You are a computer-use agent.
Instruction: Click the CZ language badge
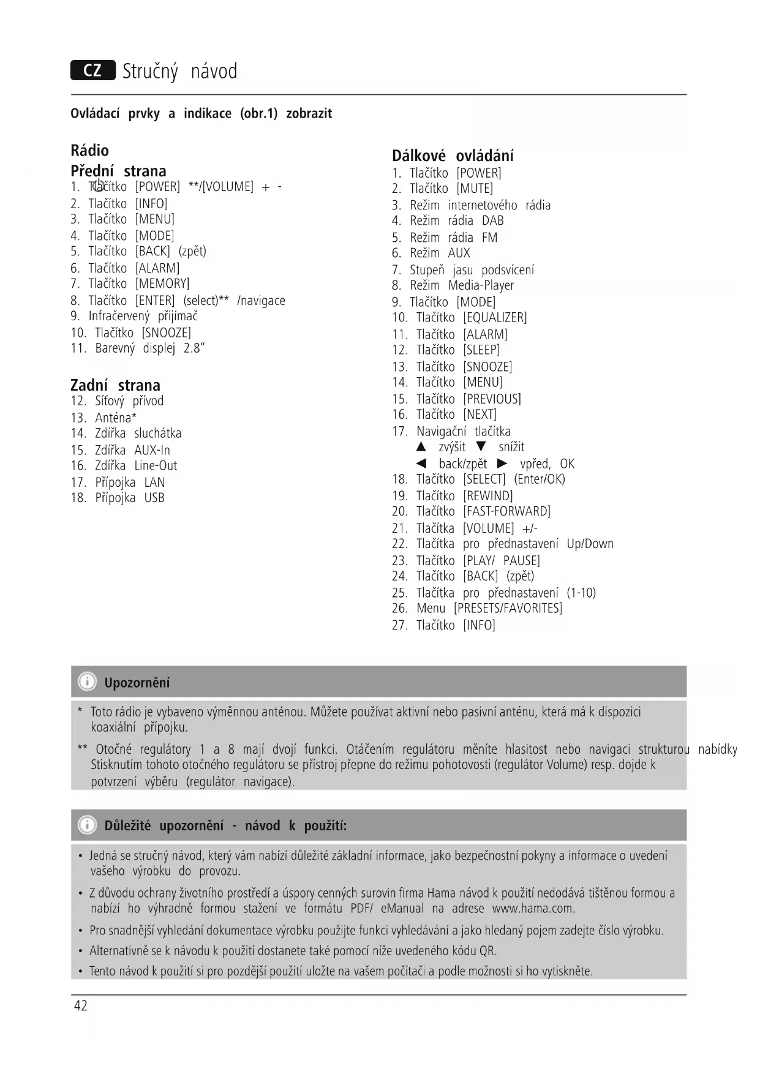92,70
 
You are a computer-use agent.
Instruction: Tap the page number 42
81,1005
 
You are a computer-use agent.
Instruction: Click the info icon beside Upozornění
88,682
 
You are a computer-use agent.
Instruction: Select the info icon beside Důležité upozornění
88,825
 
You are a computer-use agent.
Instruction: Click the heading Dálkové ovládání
453,156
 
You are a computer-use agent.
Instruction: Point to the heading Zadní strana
115,385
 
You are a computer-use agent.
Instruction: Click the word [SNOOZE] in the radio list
167,332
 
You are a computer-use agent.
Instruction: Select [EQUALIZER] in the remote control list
495,317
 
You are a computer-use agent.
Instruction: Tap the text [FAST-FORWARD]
506,511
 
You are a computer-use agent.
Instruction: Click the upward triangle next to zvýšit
421,447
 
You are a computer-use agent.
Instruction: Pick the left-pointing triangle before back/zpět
421,464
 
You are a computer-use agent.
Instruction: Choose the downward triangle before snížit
481,446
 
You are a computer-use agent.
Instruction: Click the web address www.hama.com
533,908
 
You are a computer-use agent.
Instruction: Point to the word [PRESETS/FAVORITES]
508,608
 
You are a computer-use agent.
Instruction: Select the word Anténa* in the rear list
116,418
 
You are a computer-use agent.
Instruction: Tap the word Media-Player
481,285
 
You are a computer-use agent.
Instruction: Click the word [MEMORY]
162,284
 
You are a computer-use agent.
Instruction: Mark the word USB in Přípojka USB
154,498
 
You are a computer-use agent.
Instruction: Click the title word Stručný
150,72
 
